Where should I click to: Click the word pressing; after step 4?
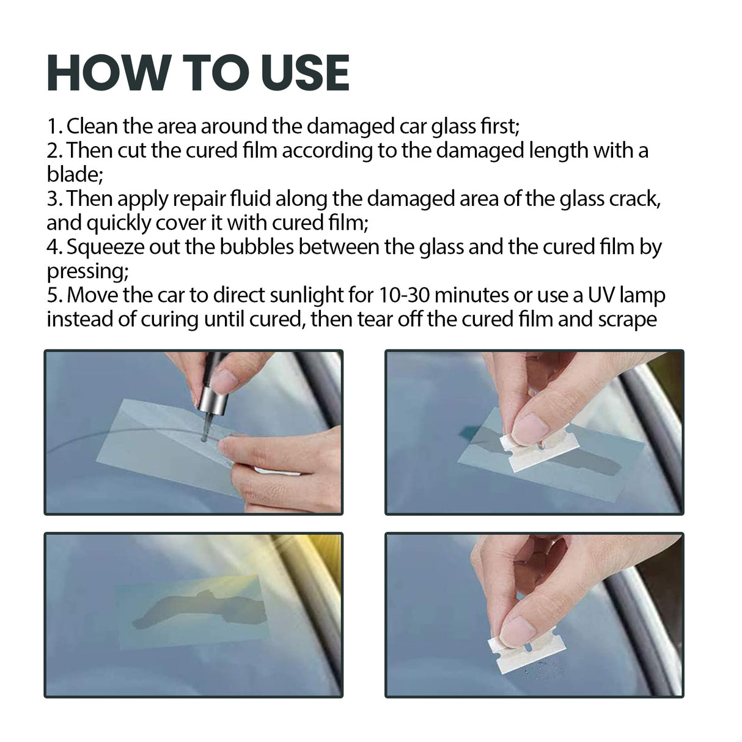click(x=86, y=271)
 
